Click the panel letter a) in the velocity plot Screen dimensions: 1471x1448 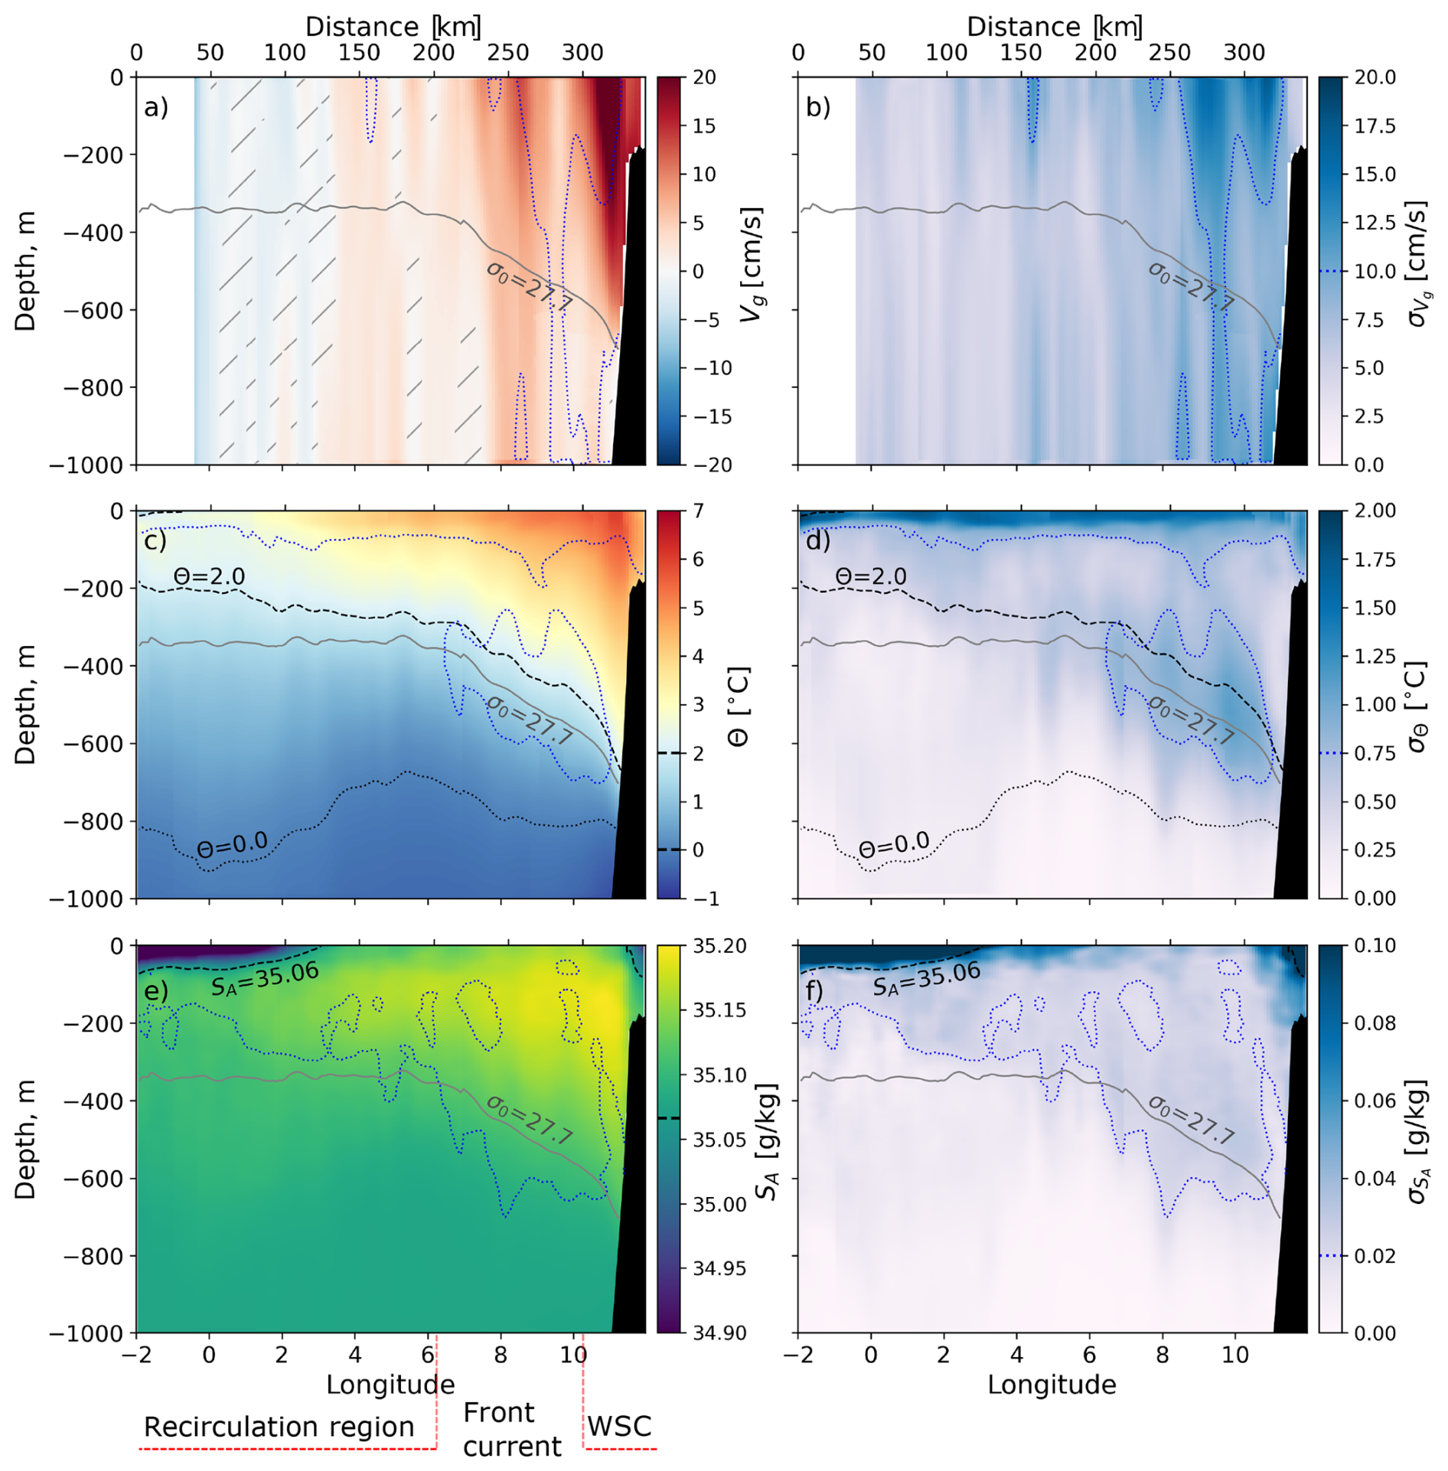[x=155, y=107]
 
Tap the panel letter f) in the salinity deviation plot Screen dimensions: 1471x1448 [x=817, y=991]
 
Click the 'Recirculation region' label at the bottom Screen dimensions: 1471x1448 [x=279, y=1427]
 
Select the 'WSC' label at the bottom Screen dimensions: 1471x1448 [x=619, y=1426]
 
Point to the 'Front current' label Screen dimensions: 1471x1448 [x=511, y=1429]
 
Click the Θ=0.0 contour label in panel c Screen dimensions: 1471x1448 [x=232, y=844]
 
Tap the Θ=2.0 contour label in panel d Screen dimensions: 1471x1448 [x=871, y=576]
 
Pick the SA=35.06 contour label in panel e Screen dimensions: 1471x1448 [x=265, y=979]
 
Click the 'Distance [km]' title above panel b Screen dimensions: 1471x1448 [x=1054, y=27]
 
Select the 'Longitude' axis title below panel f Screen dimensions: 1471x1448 [x=1052, y=1384]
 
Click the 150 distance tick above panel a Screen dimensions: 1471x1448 [x=359, y=53]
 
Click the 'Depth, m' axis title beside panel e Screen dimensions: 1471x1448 [x=25, y=1139]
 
